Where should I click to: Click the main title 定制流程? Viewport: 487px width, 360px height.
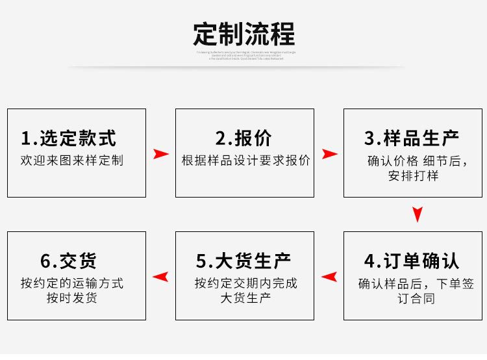point(243,33)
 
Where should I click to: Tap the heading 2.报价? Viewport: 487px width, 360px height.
point(244,138)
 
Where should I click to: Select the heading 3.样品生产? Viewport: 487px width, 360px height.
point(412,138)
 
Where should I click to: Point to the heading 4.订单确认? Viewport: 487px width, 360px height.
point(412,261)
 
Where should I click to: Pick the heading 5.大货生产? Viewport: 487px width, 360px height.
point(244,261)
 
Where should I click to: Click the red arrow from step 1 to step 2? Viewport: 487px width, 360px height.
point(160,154)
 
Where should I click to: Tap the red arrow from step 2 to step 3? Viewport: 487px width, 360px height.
point(329,154)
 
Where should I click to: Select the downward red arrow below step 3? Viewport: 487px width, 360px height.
point(418,214)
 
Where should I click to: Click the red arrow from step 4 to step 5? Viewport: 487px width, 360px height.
point(329,277)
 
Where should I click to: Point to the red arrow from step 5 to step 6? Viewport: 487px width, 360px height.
point(160,277)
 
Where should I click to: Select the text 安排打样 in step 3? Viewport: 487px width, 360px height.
point(413,175)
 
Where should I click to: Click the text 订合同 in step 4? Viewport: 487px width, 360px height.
point(416,299)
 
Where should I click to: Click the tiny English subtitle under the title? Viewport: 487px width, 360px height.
point(246,55)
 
